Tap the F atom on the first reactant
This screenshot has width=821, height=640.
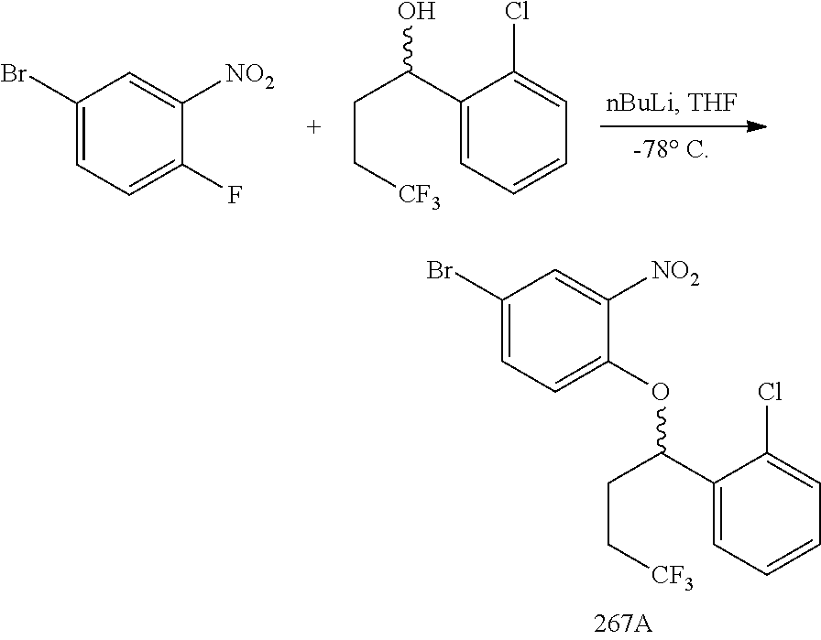[x=235, y=197]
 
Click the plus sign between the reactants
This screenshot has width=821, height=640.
[x=314, y=127]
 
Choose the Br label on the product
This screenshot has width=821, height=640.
[x=443, y=272]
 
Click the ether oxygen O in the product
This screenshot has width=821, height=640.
[x=660, y=394]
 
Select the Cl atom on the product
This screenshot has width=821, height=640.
[x=768, y=394]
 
